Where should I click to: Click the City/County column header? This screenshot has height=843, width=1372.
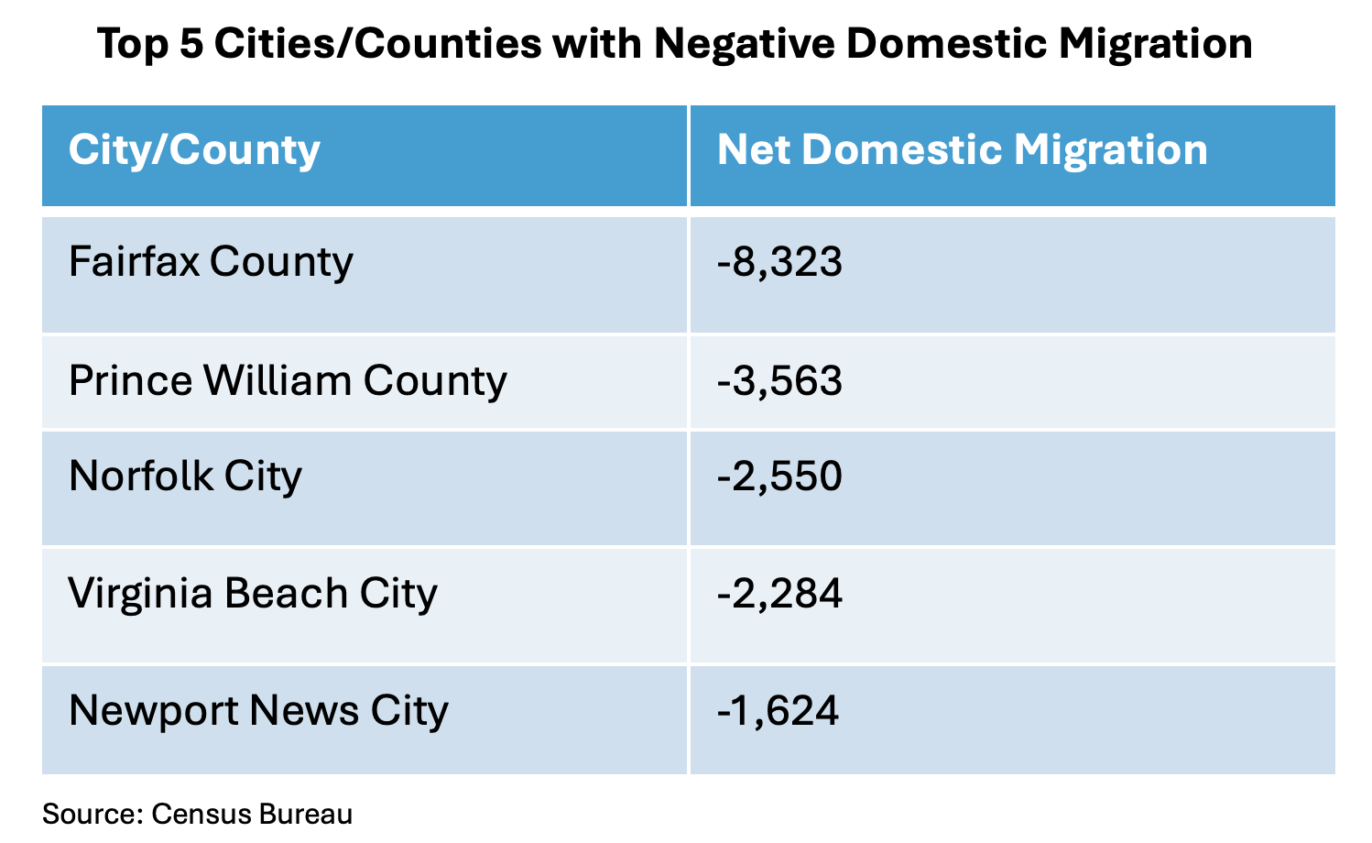[x=194, y=150]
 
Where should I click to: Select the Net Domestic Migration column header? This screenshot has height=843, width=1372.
[x=962, y=150]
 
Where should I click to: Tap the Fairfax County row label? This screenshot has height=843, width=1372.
[x=211, y=263]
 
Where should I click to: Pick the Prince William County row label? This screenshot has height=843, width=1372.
[x=288, y=381]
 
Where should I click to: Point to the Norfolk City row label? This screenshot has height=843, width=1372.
[x=185, y=476]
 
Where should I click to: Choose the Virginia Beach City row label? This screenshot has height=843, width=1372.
[x=253, y=594]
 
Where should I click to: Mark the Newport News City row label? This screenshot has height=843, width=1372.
[x=258, y=711]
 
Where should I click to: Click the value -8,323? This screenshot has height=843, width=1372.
[x=779, y=263]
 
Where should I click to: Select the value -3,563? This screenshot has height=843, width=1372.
[x=779, y=381]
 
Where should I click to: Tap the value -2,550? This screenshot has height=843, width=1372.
[x=779, y=476]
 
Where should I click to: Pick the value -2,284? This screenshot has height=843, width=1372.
[x=779, y=594]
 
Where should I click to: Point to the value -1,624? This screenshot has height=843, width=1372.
[x=778, y=711]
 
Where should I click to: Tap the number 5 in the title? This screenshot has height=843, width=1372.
[x=191, y=44]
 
